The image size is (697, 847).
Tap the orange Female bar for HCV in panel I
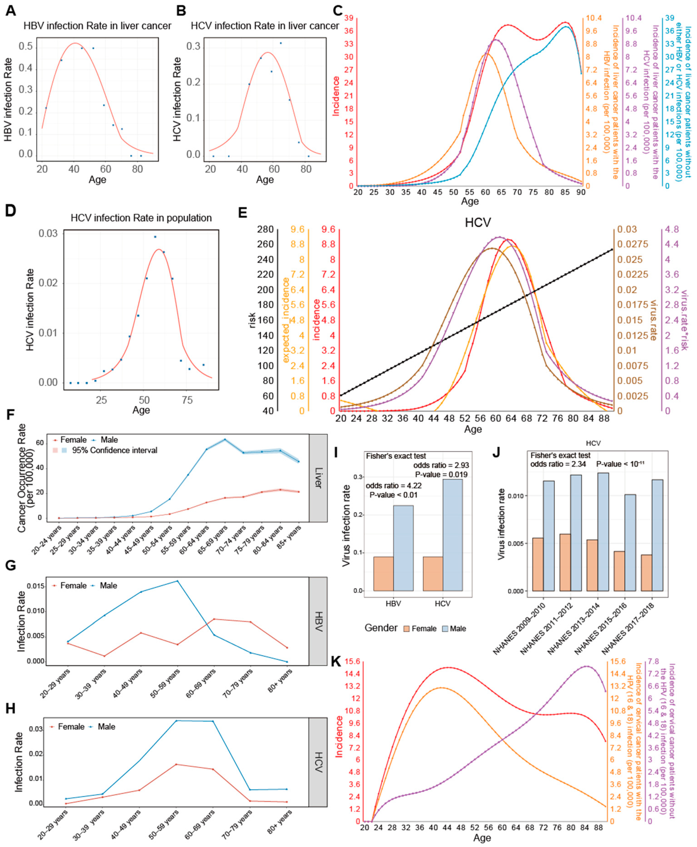point(433,574)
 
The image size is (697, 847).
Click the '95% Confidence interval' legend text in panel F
point(114,450)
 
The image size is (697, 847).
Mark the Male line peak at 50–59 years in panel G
point(178,581)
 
